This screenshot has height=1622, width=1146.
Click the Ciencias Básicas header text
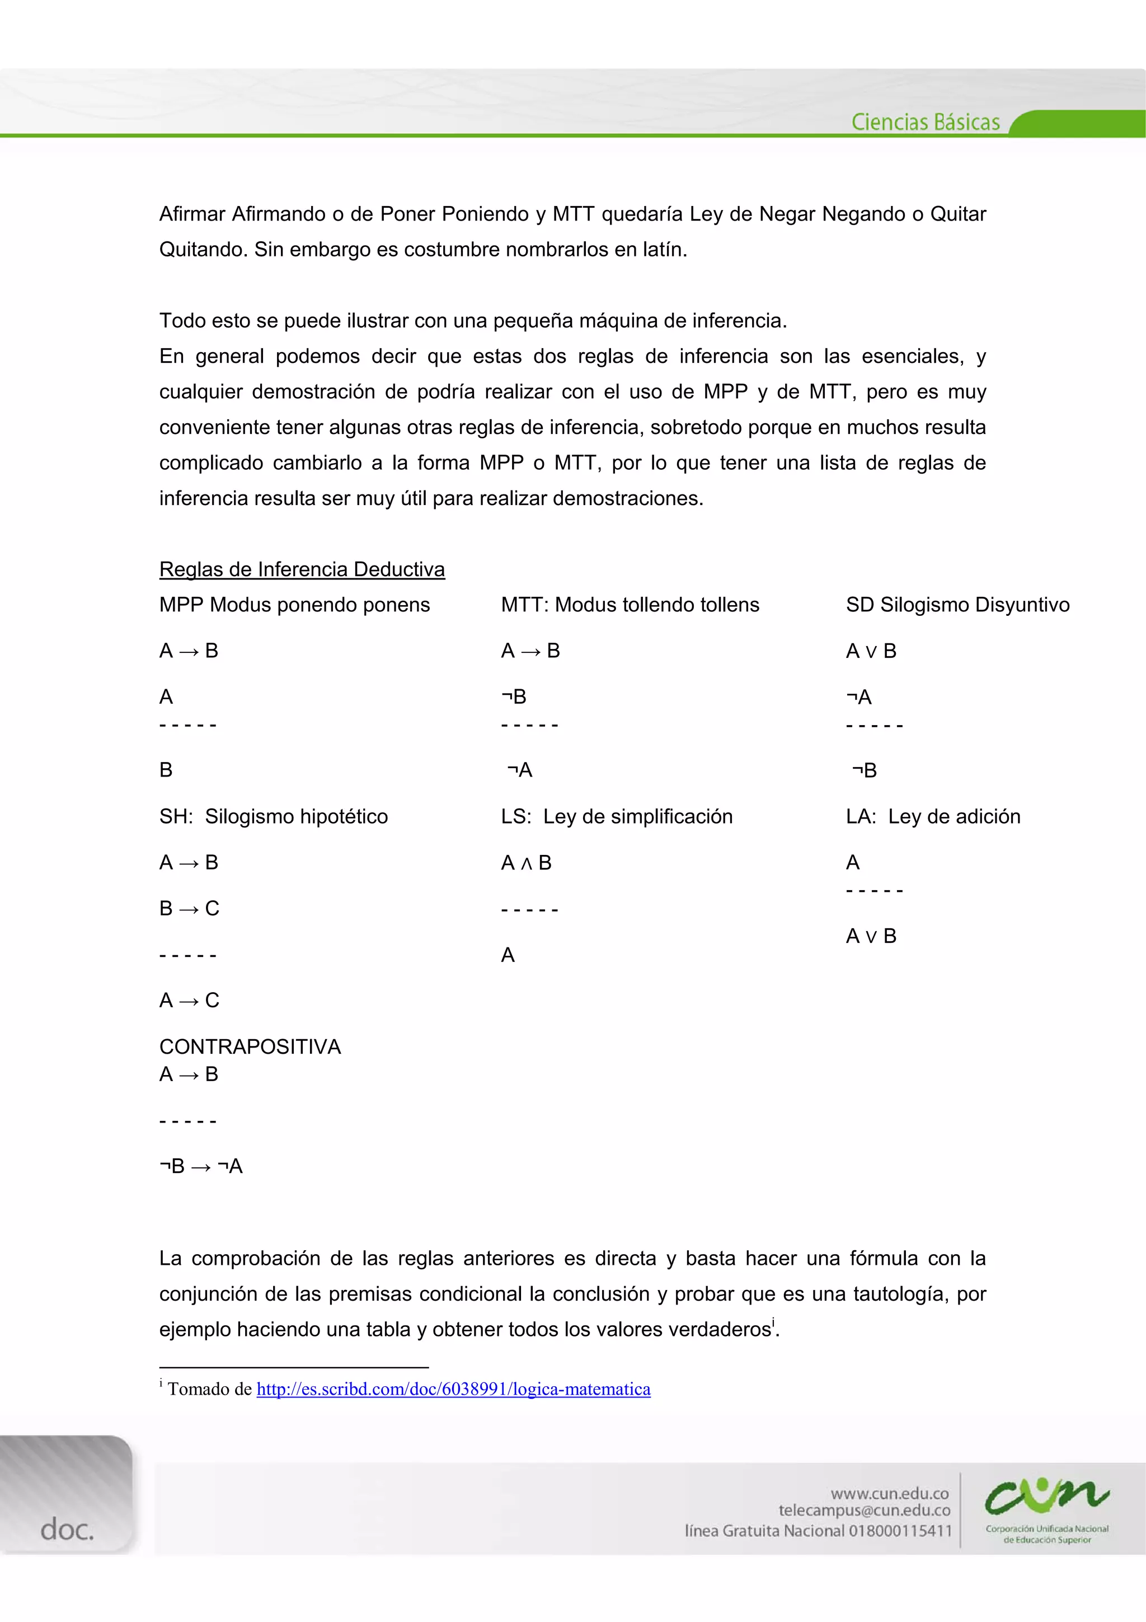[x=925, y=122]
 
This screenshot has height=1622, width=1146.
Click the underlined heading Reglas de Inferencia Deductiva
[x=302, y=569]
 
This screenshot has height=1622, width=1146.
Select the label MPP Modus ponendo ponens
[x=294, y=605]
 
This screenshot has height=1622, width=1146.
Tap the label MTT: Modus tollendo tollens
[x=630, y=605]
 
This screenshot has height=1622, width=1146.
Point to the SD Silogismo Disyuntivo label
[x=957, y=605]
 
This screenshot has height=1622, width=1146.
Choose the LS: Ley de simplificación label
[x=617, y=817]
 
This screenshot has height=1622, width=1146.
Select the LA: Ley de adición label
[x=933, y=817]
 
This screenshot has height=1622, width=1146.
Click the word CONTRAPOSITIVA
[x=250, y=1046]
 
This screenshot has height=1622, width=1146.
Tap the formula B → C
[x=189, y=909]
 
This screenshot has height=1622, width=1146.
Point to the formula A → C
[x=189, y=1001]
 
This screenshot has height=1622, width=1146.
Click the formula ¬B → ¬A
[x=201, y=1166]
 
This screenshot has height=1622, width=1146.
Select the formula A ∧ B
[x=526, y=863]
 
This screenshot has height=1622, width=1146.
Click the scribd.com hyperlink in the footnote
[x=453, y=1389]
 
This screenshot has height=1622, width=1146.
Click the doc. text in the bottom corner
[x=67, y=1530]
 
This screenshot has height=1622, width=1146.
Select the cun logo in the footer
[x=1046, y=1498]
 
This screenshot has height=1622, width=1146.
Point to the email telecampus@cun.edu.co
[x=865, y=1511]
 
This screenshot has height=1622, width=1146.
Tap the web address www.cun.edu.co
[x=890, y=1493]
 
